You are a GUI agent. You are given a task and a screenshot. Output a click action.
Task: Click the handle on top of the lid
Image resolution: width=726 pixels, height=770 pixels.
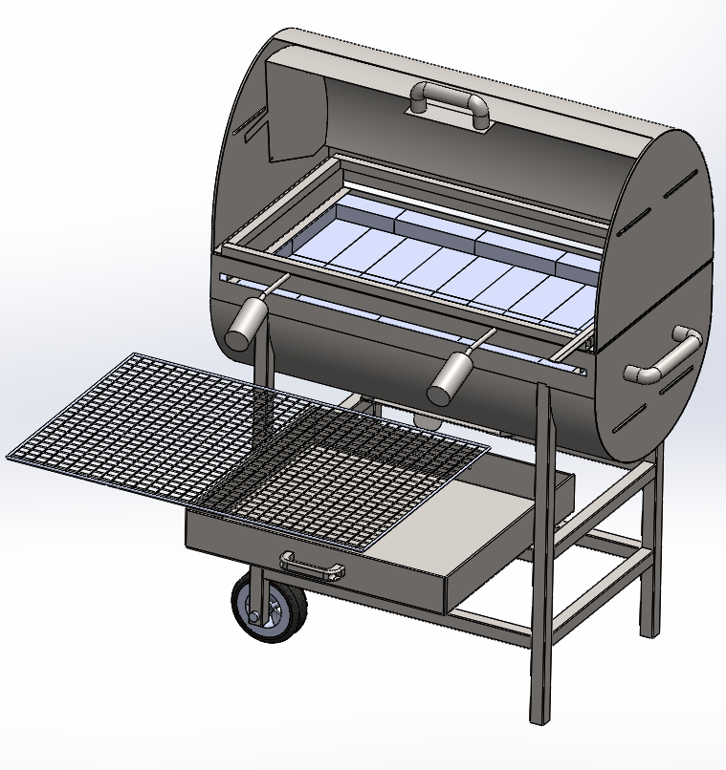tap(449, 99)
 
